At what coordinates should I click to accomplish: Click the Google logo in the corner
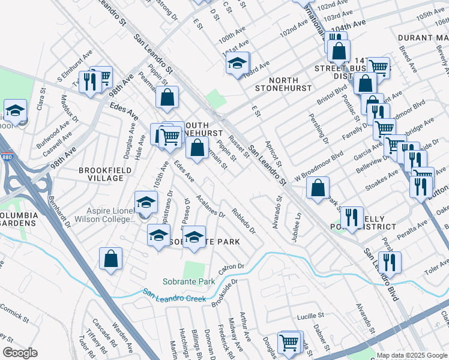click(x=20, y=353)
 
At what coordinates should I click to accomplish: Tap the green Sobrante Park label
click(x=188, y=281)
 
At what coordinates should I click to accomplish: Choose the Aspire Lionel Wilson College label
click(x=104, y=215)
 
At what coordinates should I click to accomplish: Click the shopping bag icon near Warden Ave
click(x=111, y=260)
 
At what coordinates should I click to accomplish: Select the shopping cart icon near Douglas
click(x=289, y=343)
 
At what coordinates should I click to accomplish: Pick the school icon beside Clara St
click(x=15, y=111)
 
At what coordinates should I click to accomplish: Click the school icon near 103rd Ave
click(x=238, y=63)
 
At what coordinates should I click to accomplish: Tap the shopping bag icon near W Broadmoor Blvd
click(x=318, y=188)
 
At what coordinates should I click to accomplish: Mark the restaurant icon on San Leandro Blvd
click(x=390, y=263)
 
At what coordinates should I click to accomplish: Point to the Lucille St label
click(x=310, y=316)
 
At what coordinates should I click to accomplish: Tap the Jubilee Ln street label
click(x=295, y=226)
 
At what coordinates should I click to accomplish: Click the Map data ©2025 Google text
click(x=411, y=355)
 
